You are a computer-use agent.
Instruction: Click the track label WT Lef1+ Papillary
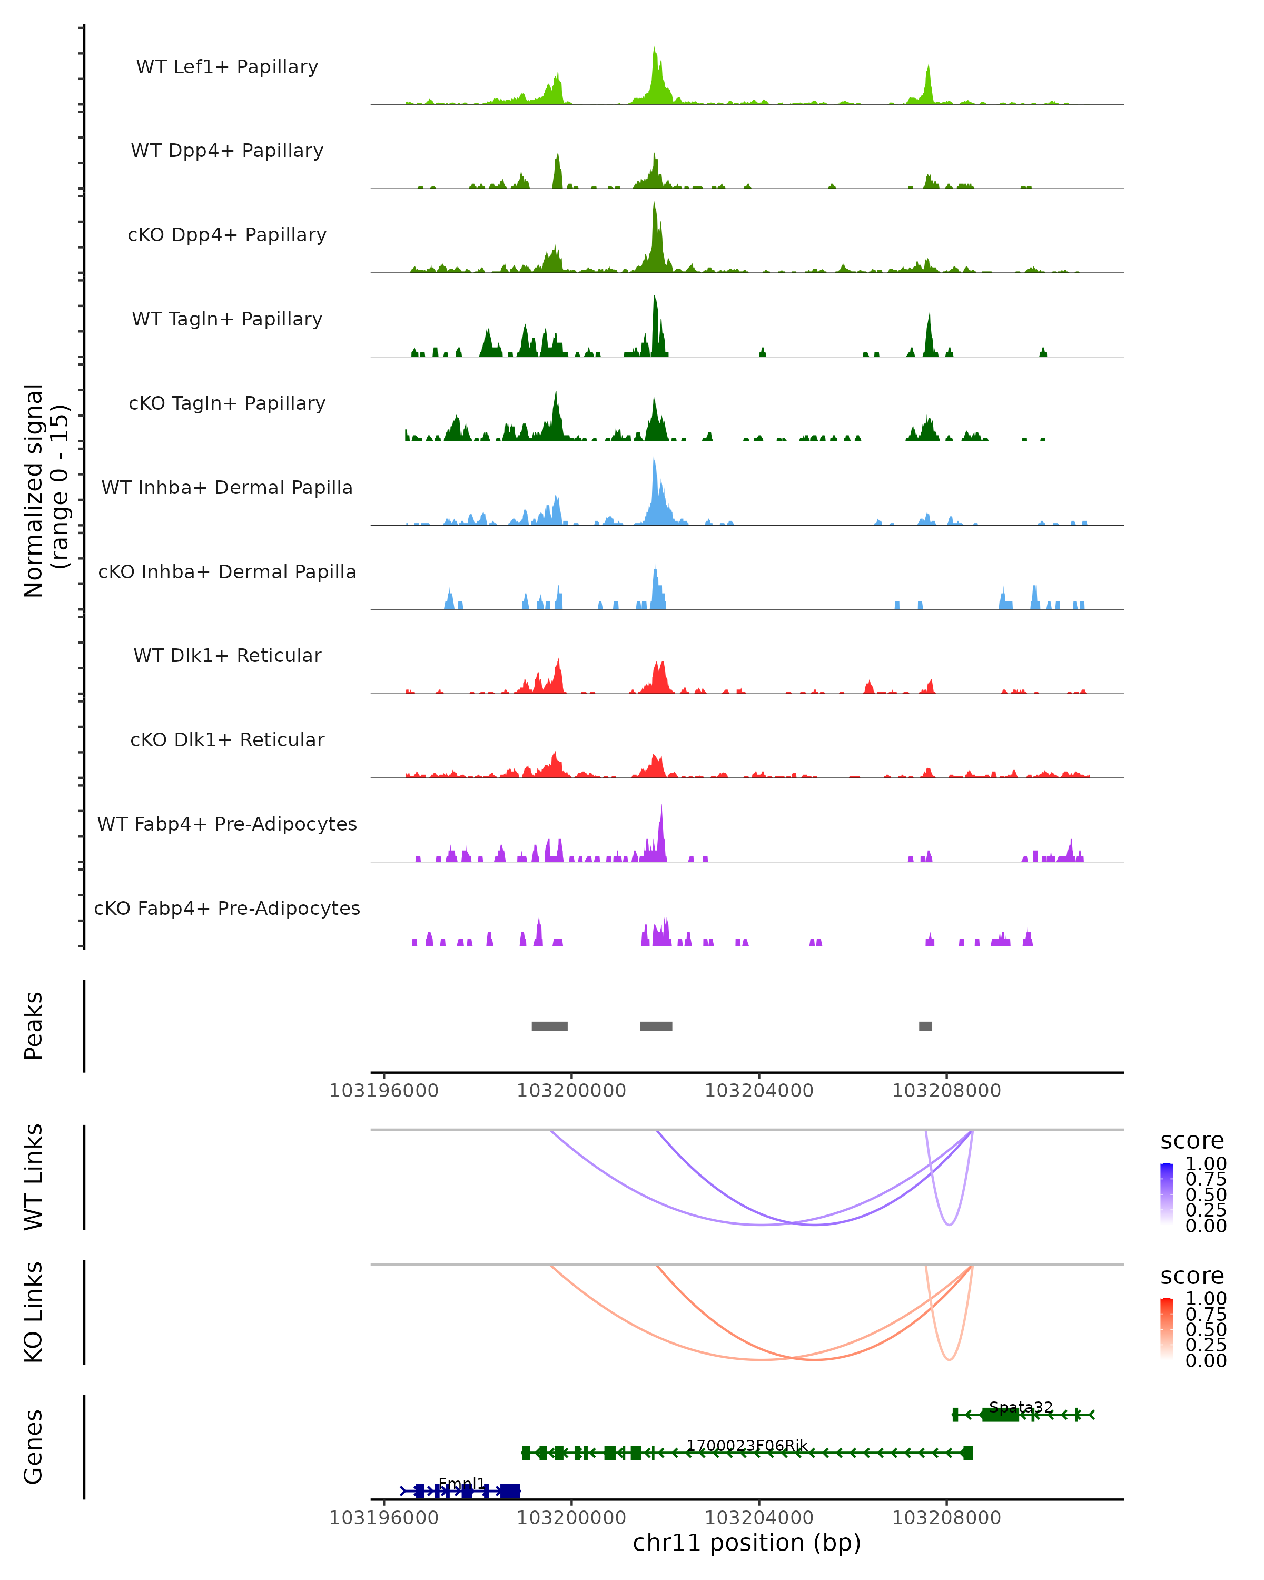click(x=227, y=67)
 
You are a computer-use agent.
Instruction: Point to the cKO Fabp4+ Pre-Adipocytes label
click(x=227, y=908)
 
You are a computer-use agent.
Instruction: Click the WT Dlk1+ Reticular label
click(x=227, y=655)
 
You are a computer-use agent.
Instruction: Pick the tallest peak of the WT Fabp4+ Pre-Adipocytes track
click(x=661, y=807)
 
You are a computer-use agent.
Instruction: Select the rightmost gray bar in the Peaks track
click(x=925, y=1026)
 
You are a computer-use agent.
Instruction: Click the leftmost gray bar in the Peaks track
click(x=549, y=1026)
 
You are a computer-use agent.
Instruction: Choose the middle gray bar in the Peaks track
click(x=656, y=1026)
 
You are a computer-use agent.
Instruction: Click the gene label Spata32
click(x=1021, y=1407)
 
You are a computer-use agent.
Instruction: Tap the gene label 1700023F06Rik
click(x=747, y=1445)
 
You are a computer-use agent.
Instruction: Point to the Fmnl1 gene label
click(x=462, y=1483)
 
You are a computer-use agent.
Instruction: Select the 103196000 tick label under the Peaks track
click(x=384, y=1091)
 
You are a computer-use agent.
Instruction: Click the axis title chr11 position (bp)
click(x=747, y=1543)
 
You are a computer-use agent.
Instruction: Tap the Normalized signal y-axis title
click(x=45, y=490)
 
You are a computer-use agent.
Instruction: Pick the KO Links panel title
click(x=34, y=1312)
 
